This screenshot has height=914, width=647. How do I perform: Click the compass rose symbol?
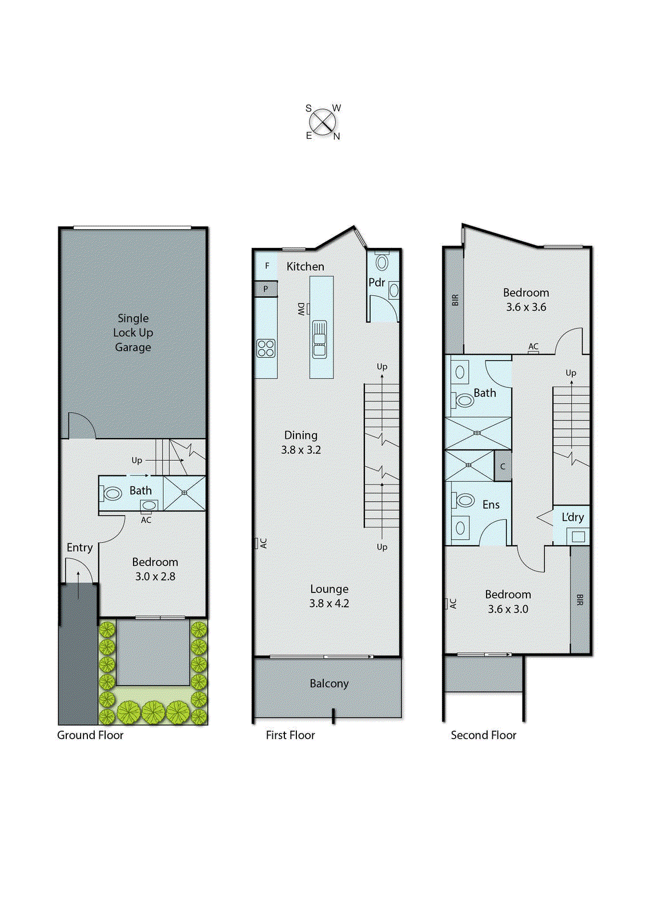click(323, 122)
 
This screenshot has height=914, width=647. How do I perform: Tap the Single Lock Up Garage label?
click(133, 332)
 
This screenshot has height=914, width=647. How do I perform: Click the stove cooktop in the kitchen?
click(266, 348)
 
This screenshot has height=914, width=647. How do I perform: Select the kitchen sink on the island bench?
click(320, 339)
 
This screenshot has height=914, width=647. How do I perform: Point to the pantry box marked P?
click(266, 288)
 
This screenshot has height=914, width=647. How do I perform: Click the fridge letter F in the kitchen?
click(267, 266)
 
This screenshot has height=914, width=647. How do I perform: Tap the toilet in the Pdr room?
click(382, 262)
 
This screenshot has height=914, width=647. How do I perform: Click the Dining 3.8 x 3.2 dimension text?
click(301, 450)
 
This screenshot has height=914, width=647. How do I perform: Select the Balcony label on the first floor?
click(329, 683)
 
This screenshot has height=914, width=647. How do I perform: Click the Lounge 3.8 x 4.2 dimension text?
click(329, 603)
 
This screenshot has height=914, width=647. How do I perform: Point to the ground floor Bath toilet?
click(112, 492)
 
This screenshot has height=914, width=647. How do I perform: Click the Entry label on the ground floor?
click(79, 547)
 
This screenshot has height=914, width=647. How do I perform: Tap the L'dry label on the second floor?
click(573, 517)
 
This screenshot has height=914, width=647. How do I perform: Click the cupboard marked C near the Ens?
click(503, 466)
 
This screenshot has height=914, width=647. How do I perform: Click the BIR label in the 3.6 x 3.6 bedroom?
click(455, 299)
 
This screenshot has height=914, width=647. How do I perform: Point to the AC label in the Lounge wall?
click(263, 543)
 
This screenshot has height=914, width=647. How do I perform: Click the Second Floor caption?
click(483, 735)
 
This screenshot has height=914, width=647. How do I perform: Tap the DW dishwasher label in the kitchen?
click(301, 308)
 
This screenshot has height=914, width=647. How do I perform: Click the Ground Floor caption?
click(90, 735)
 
